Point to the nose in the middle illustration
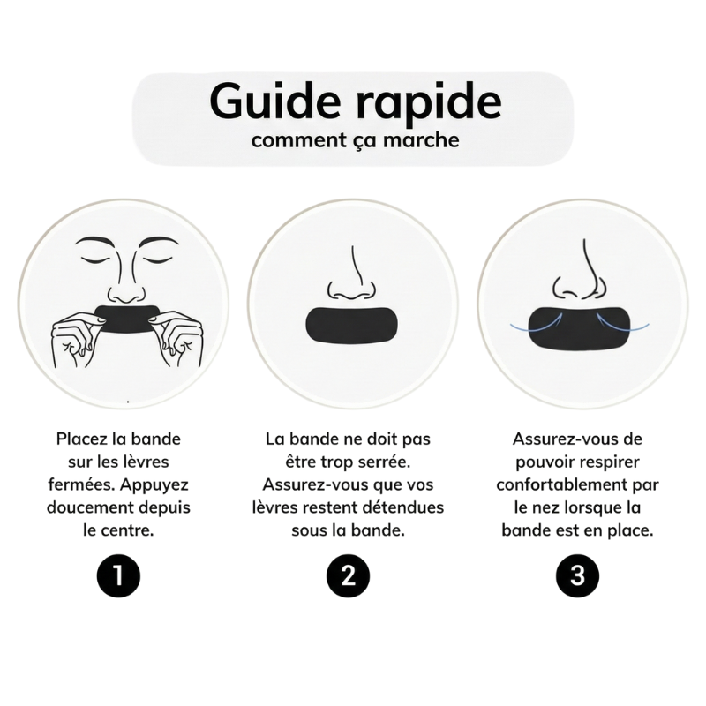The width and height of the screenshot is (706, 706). click(352, 278)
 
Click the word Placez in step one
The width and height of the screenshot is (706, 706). click(82, 439)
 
